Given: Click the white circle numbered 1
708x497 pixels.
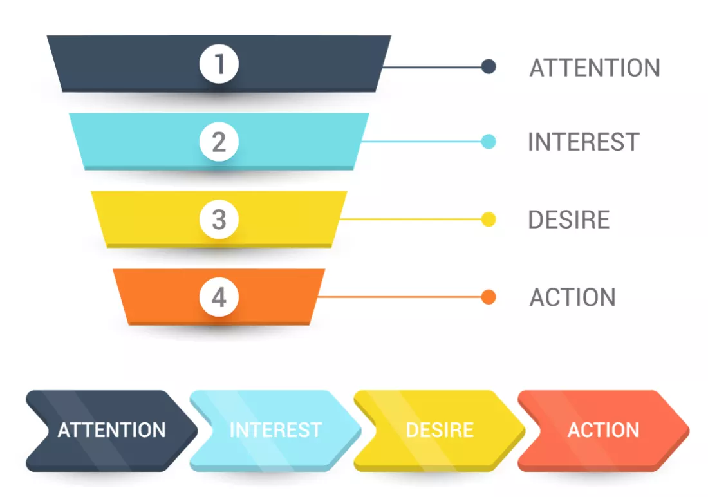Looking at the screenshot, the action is pyautogui.click(x=219, y=64).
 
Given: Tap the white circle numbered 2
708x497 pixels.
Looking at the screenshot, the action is pyautogui.click(x=219, y=142).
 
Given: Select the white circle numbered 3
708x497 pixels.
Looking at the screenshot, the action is pyautogui.click(x=219, y=219).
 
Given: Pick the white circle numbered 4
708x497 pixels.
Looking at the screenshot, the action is pyautogui.click(x=219, y=297).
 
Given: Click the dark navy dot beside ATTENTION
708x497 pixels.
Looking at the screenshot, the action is pyautogui.click(x=489, y=66).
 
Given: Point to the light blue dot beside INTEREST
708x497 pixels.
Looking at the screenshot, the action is pyautogui.click(x=489, y=142).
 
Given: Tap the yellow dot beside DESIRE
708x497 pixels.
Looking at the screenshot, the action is pyautogui.click(x=489, y=219).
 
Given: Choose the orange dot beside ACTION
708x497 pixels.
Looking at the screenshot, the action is pyautogui.click(x=489, y=297).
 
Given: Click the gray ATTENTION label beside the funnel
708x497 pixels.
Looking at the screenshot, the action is pyautogui.click(x=595, y=68).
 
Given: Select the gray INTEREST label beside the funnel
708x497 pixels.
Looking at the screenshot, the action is pyautogui.click(x=584, y=142).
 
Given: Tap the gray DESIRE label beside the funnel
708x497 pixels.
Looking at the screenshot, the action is pyautogui.click(x=569, y=220).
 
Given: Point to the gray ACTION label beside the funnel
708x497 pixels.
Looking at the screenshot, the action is pyautogui.click(x=573, y=297).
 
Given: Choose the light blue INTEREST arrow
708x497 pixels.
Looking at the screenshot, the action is pyautogui.click(x=276, y=431).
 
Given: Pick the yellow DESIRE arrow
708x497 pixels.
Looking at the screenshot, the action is pyautogui.click(x=440, y=431).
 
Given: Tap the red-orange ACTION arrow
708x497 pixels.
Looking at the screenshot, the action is pyautogui.click(x=604, y=431).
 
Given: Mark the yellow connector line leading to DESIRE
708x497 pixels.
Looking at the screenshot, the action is pyautogui.click(x=411, y=219).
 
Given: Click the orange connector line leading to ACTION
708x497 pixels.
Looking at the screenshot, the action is pyautogui.click(x=400, y=297).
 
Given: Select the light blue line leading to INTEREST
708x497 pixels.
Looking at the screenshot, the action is pyautogui.click(x=422, y=142).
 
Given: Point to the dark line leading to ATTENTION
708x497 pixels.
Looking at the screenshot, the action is pyautogui.click(x=432, y=67).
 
